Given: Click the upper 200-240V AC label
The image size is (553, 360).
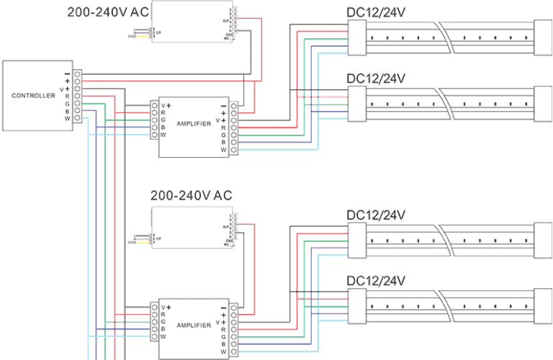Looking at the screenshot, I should (109, 12).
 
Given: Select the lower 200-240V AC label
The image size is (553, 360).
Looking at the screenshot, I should (191, 196).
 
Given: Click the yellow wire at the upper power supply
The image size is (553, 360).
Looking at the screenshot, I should (143, 36).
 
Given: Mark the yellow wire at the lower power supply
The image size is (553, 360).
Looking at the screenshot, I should (143, 243).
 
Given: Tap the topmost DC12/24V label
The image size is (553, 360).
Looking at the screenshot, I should (376, 12).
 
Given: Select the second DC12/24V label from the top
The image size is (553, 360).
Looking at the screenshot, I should (376, 78).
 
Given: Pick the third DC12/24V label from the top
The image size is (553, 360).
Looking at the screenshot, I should (376, 215).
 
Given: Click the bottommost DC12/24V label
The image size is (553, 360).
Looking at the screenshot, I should (376, 281).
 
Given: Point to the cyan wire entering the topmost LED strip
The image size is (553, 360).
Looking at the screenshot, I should (333, 53).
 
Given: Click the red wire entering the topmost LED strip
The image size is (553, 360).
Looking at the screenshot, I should (324, 31).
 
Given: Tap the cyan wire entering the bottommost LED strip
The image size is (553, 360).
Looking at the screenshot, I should (333, 321).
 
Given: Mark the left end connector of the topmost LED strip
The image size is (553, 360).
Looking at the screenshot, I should (357, 37).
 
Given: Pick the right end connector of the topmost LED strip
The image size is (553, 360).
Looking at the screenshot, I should (542, 37).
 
